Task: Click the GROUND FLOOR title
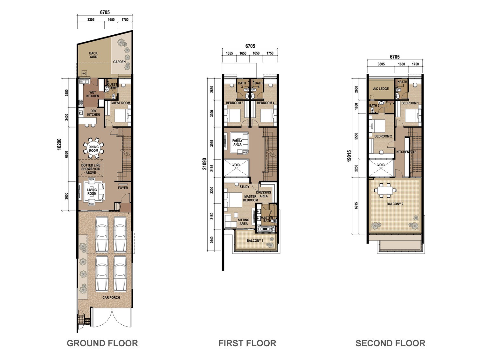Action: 102,343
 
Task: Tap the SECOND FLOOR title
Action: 390,343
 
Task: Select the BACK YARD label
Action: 93,55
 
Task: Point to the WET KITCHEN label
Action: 93,94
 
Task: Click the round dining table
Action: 93,149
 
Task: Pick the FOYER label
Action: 123,188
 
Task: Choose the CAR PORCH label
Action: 111,297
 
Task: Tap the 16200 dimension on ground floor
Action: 59,144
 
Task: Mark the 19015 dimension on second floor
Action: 349,156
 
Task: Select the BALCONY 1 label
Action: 255,240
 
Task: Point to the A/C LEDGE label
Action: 381,89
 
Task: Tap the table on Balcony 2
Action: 385,190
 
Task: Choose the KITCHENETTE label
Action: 406,152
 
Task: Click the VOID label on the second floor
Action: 381,165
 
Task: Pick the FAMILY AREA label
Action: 237,142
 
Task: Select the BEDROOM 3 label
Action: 234,103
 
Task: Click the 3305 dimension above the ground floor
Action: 91,19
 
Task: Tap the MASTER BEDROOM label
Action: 250,198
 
